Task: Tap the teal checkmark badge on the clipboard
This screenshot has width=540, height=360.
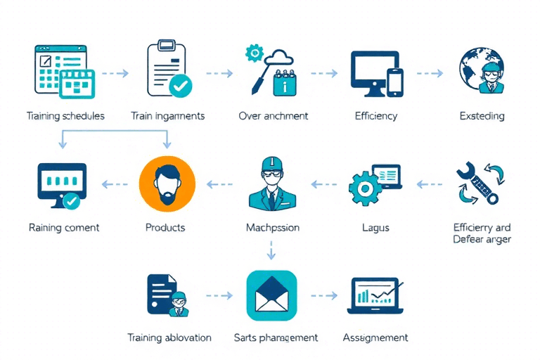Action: [181, 86]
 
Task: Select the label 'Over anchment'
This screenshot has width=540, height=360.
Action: [273, 116]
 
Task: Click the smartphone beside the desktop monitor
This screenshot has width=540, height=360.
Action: [395, 82]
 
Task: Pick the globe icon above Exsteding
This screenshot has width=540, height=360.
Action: [481, 71]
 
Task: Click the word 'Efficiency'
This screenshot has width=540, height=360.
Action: [376, 116]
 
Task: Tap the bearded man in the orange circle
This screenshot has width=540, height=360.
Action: [167, 184]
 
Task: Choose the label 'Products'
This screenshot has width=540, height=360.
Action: [165, 228]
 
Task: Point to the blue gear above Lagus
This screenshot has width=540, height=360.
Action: [365, 188]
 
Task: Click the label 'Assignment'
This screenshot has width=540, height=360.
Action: [375, 338]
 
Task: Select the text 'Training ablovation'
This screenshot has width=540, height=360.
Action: [169, 338]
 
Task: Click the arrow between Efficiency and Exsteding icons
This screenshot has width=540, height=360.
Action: [429, 72]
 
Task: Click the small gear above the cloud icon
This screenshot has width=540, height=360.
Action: [253, 53]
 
